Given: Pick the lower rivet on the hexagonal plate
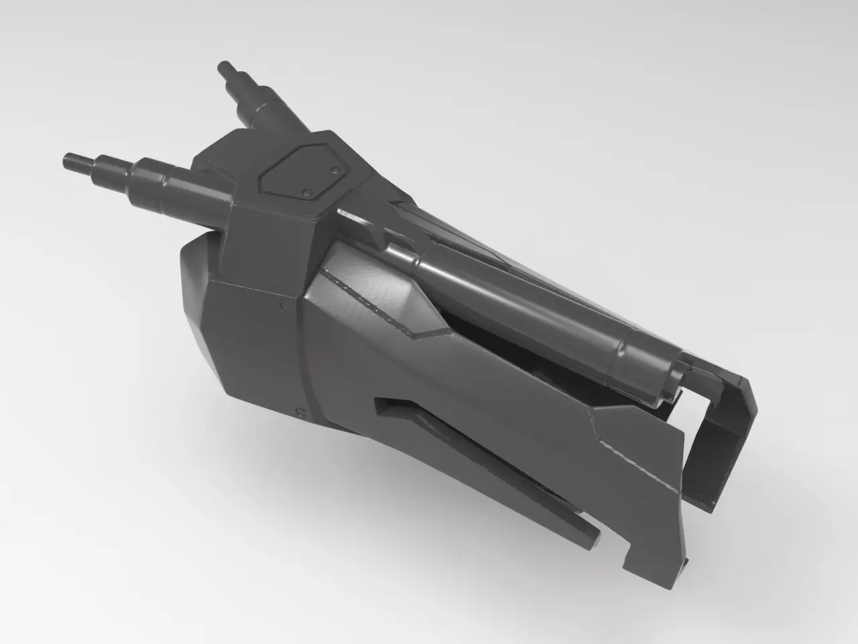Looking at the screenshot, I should [306, 193].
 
